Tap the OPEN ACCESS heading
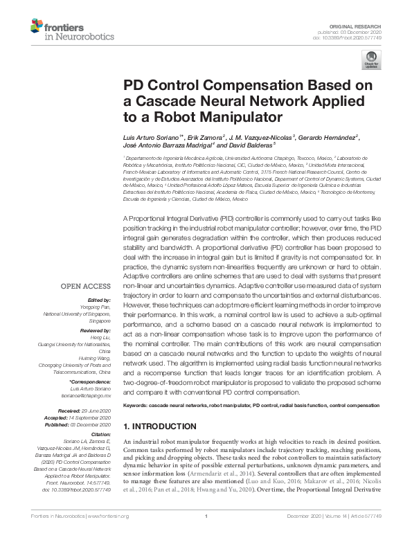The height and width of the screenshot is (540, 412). [84, 285]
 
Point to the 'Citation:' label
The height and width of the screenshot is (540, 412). [99, 435]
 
